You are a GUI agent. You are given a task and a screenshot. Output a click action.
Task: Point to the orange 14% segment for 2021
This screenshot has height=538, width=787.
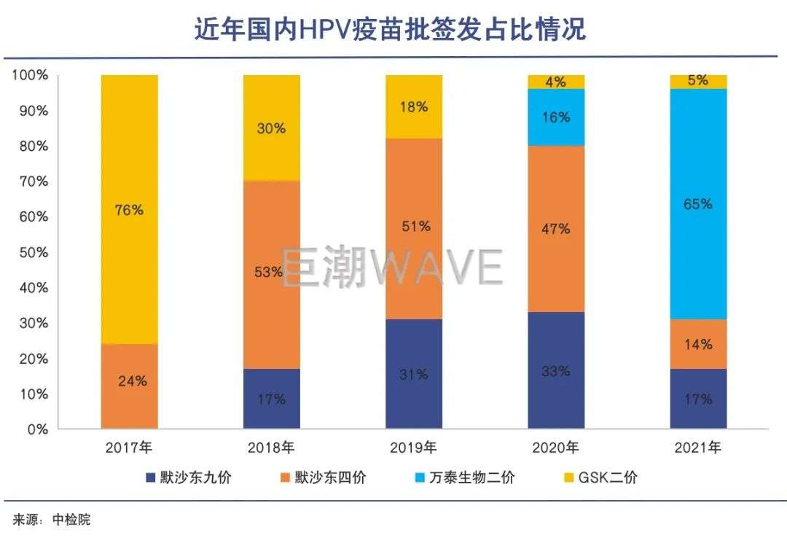[698, 344]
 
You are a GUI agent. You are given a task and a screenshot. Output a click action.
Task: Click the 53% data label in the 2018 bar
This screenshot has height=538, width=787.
[270, 273]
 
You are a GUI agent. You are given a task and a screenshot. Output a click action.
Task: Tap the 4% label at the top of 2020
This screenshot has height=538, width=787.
[556, 82]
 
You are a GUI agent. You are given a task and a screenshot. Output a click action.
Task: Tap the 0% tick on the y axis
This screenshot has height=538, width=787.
[36, 429]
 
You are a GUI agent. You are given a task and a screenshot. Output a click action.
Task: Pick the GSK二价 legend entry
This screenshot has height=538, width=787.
[607, 478]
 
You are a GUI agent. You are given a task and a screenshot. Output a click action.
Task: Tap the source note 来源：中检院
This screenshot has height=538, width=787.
[51, 520]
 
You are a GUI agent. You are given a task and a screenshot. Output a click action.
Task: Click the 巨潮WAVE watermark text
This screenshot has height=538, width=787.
[392, 267]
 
